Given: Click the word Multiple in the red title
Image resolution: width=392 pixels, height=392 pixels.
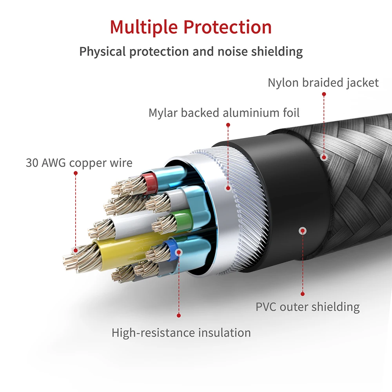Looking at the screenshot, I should click(143, 27).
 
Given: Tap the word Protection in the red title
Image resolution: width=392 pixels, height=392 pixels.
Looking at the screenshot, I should click(228, 27).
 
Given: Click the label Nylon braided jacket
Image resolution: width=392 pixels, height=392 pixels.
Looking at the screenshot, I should click(323, 83).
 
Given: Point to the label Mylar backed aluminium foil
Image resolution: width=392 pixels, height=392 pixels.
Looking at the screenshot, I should click(224, 113).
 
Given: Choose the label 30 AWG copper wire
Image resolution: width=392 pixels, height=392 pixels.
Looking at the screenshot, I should click(79, 162).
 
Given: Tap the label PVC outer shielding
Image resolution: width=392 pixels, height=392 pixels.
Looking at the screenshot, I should click(307, 306).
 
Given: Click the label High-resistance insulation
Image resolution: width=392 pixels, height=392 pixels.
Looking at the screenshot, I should click(181, 333).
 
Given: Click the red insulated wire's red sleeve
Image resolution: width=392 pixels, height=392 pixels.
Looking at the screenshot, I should click(148, 181).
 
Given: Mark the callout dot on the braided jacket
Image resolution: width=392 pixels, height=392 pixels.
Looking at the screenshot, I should click(324, 157).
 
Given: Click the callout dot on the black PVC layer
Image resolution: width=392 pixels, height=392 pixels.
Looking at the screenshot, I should click(302, 231).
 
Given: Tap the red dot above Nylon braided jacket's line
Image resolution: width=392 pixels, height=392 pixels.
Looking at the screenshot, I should click(324, 94).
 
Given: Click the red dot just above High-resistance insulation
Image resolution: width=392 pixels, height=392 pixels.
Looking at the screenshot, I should click(179, 315).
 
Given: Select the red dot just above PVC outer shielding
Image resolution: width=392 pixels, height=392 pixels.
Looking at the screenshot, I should click(302, 293).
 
